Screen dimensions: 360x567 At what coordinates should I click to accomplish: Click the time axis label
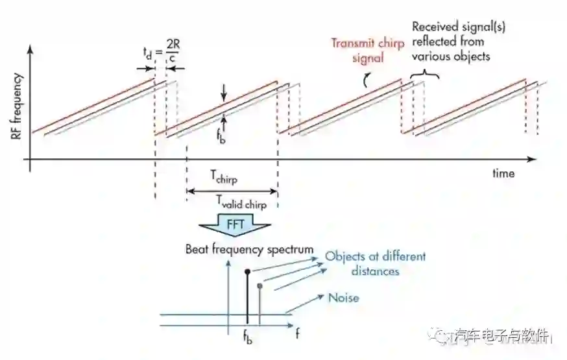503,173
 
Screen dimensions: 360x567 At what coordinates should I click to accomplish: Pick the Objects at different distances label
376,263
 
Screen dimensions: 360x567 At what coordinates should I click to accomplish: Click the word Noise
344,298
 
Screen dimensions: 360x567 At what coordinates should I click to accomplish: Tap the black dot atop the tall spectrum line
247,270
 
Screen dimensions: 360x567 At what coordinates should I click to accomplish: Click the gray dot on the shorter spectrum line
259,285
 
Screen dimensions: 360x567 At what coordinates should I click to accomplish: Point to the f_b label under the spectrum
248,338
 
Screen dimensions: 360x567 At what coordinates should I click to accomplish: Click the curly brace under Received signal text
426,75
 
